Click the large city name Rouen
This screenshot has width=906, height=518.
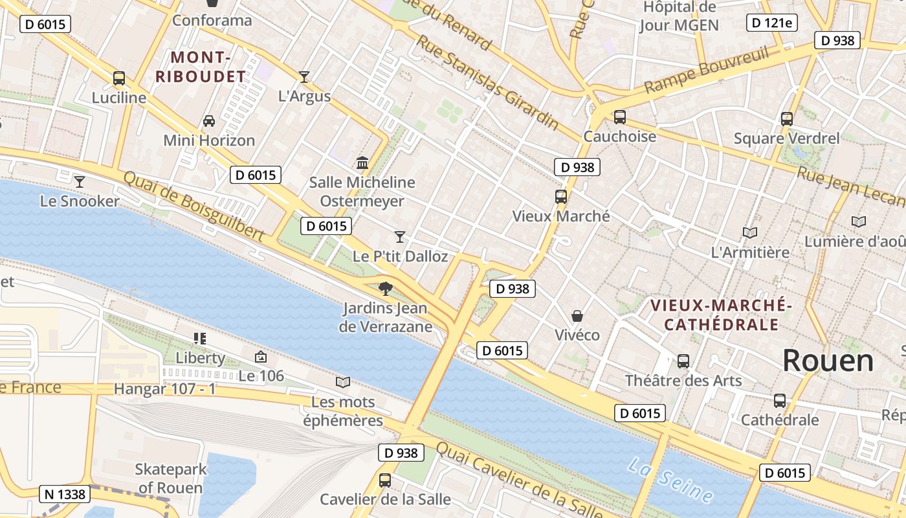(x=828, y=361)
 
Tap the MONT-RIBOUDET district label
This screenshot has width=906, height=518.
(x=201, y=67)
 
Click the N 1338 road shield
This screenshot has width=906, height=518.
(x=65, y=494)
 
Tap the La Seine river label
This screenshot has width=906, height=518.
(x=670, y=480)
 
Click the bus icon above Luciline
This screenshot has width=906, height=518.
(x=119, y=78)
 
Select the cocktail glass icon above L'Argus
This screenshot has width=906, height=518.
(x=304, y=77)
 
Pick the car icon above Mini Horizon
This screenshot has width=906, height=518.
(x=209, y=121)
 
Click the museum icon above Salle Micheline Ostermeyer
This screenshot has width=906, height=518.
(x=362, y=163)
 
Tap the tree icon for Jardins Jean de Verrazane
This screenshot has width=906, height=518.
(x=385, y=288)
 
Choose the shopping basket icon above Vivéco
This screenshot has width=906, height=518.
(x=577, y=316)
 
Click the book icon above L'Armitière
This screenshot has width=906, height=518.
(x=750, y=232)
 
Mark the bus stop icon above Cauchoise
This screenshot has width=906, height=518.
(x=619, y=117)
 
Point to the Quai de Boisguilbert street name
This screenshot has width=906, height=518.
(x=193, y=207)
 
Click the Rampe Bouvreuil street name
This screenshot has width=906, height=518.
(x=706, y=69)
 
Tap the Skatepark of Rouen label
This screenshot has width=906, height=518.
(x=171, y=478)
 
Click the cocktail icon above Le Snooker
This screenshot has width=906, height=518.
(x=79, y=182)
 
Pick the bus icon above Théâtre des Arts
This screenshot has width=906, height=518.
(x=683, y=361)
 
